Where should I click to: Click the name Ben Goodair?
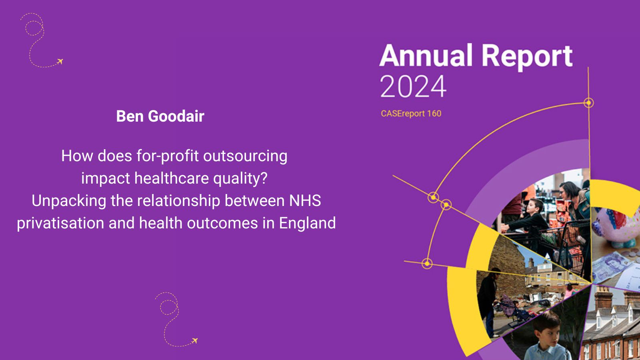[160, 116]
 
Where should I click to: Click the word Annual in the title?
[426, 56]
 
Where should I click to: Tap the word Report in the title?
[527, 57]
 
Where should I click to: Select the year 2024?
[413, 86]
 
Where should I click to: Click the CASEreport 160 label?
[411, 114]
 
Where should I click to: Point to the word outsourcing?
[245, 156]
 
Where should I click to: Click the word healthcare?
[172, 178]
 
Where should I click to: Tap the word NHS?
[305, 200]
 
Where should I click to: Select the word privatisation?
[60, 223]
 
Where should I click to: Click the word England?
[308, 223]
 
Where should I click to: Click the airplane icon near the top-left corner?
[60, 61]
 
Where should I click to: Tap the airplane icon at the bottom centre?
[194, 340]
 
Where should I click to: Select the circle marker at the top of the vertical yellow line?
[588, 102]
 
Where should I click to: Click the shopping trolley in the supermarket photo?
[560, 243]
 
